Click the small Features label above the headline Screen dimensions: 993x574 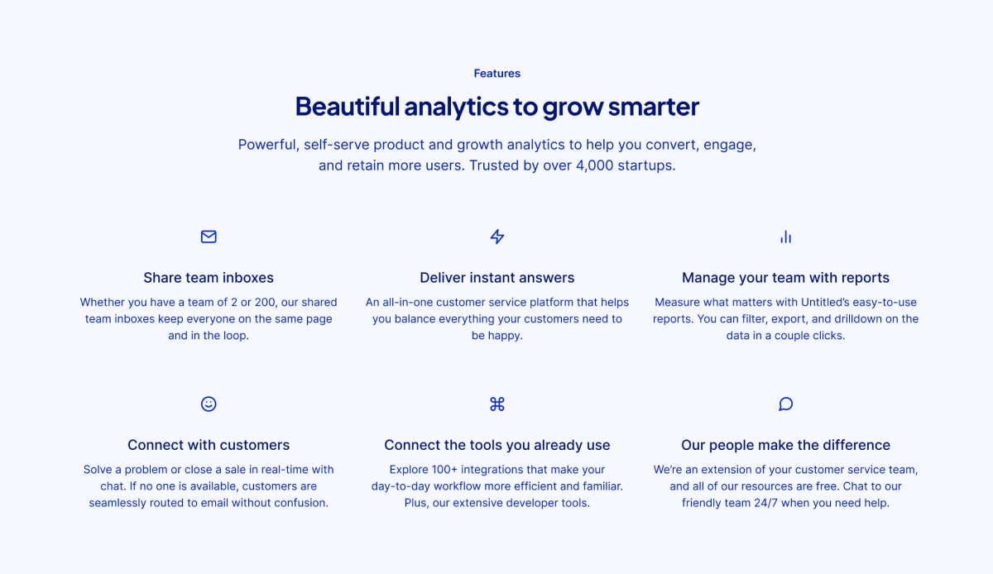click(497, 73)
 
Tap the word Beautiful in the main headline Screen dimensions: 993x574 click(348, 107)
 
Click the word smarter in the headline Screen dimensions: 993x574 click(654, 107)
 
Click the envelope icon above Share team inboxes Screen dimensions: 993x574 click(209, 237)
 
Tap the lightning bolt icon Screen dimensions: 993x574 click(497, 237)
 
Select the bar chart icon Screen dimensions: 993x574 click(785, 237)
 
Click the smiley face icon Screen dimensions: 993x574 click(209, 404)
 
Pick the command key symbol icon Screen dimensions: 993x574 click(497, 404)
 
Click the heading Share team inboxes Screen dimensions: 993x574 click(209, 278)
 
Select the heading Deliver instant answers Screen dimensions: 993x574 click(497, 278)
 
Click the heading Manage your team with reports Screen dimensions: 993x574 click(785, 278)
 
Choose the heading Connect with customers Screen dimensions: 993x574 click(209, 445)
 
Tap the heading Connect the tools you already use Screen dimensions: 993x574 click(497, 445)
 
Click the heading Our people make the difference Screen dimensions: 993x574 click(785, 445)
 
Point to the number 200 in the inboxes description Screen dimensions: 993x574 click(265, 302)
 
